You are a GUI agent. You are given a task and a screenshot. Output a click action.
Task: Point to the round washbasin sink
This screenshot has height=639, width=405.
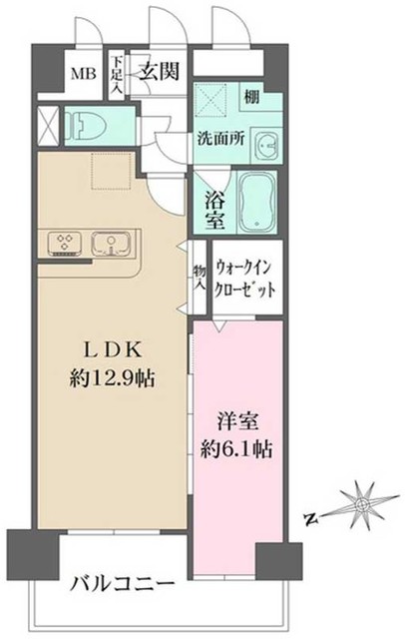(x=266, y=146)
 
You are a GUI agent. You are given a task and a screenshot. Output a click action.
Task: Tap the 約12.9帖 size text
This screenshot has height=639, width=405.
(x=117, y=380)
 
